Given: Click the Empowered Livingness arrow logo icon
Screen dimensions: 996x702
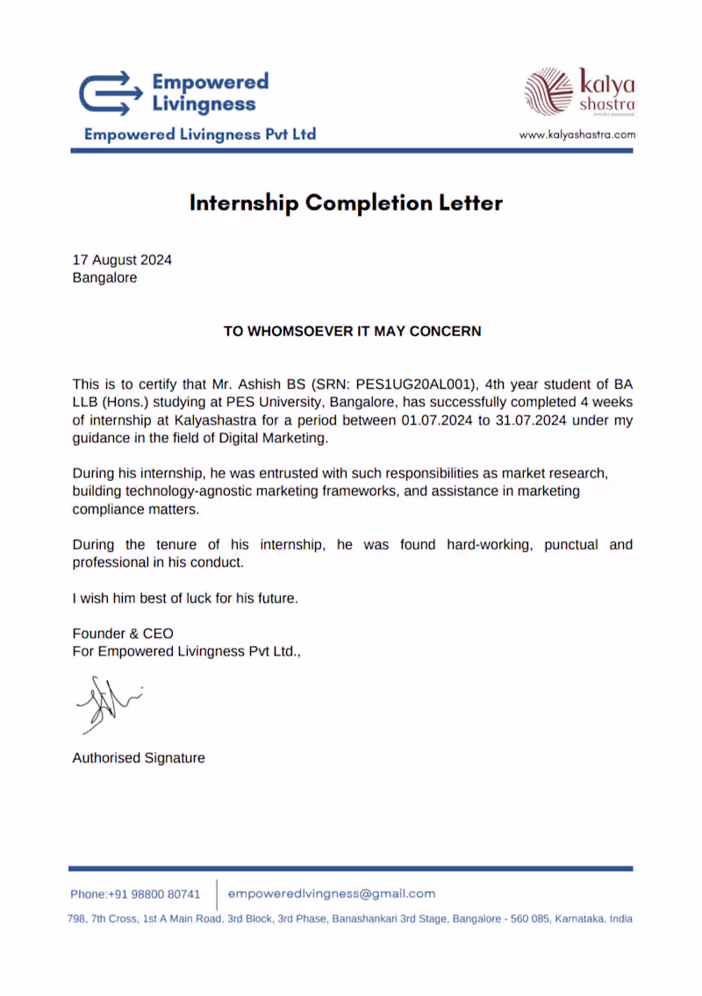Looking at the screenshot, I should (110, 93).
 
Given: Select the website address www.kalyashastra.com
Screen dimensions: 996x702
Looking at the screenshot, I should (577, 135).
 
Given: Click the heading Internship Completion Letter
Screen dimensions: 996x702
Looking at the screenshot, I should (347, 204).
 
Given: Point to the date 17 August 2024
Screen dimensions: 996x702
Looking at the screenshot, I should (122, 260).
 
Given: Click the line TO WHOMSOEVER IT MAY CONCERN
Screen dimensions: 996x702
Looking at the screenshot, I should (352, 332).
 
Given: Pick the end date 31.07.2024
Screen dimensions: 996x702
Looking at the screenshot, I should (518, 420).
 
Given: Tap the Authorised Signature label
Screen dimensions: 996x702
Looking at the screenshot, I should (139, 758).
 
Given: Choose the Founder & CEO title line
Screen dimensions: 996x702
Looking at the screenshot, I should (123, 634).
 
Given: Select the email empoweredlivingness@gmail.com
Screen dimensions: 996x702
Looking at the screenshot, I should (332, 893).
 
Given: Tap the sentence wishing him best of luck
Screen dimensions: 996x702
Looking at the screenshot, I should (185, 598).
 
